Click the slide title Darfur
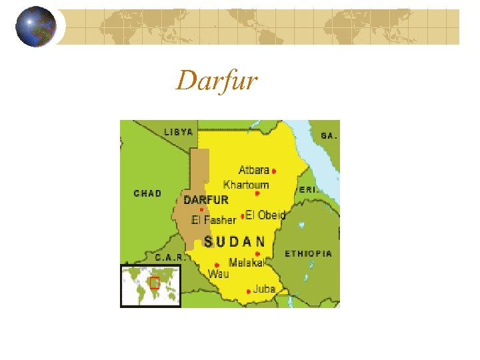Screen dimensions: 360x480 217,81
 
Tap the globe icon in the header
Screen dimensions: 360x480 35,27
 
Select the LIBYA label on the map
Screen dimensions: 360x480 178,133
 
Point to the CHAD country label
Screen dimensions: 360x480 147,193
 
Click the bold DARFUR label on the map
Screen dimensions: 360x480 206,199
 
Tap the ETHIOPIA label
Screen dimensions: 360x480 308,254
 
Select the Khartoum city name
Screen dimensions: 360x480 246,185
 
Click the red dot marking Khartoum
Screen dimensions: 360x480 257,194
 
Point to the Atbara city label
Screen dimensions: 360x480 253,170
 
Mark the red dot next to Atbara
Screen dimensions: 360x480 274,171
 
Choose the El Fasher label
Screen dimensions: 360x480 213,220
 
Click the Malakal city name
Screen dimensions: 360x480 246,262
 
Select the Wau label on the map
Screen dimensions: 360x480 218,274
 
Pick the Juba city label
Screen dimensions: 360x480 264,289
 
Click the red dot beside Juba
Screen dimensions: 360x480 249,291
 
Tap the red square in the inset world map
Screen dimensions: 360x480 154,282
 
